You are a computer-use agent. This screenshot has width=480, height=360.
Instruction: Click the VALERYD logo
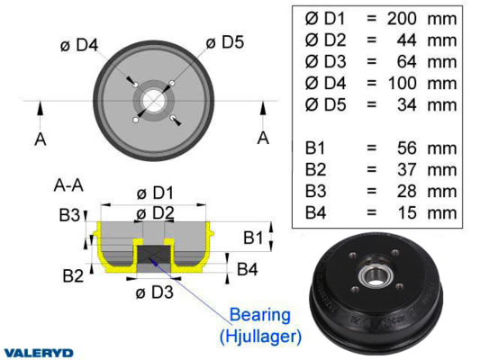39,353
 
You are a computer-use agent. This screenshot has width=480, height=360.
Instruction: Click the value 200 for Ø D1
402,19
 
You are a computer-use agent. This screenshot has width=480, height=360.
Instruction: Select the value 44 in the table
406,40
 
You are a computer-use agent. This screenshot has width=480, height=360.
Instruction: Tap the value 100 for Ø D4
403,83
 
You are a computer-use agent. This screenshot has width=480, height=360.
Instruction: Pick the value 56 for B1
406,148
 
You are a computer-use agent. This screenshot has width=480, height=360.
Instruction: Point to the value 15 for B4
407,212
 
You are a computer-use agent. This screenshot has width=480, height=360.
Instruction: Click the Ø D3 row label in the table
325,61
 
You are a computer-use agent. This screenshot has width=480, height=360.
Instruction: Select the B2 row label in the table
315,169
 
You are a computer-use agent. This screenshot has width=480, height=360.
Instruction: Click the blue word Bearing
260,315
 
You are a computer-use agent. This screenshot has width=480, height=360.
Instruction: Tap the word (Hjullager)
260,336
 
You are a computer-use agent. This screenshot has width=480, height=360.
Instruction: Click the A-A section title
68,185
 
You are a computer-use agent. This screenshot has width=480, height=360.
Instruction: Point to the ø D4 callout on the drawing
79,45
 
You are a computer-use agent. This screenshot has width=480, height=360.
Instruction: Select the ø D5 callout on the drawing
225,42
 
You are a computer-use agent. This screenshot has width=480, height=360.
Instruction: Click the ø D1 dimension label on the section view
155,193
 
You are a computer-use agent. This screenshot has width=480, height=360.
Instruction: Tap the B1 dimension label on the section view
253,238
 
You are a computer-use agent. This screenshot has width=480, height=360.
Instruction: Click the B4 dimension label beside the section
248,269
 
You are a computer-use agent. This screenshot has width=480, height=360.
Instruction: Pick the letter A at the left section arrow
41,139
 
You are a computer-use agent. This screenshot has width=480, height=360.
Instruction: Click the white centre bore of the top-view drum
154,100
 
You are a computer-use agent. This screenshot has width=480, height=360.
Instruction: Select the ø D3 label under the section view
155,292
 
